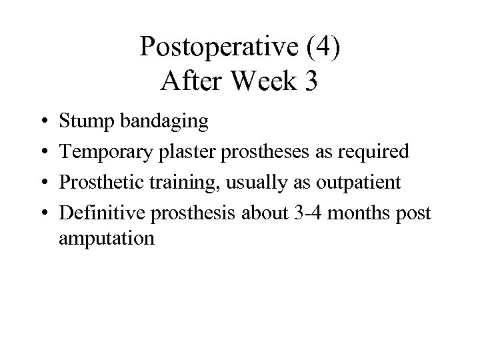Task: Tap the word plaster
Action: tap(182, 153)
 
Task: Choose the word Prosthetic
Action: tap(100, 183)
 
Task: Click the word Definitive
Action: tap(101, 213)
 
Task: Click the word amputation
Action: tap(107, 239)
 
